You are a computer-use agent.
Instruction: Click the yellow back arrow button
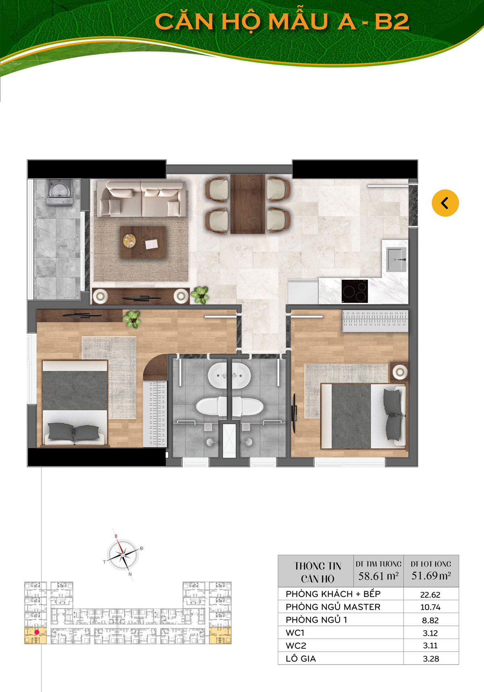coord(445,203)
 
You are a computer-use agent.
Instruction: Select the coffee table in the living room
coord(143,242)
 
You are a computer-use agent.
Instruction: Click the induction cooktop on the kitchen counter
coord(355,291)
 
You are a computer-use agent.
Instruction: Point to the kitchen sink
coord(396,260)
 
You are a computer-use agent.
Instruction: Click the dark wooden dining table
coord(248,204)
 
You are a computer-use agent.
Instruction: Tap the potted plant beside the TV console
coord(200,295)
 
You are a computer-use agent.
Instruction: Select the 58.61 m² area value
coord(378,576)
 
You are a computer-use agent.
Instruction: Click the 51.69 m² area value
coord(431,575)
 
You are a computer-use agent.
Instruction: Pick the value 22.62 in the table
coord(430,595)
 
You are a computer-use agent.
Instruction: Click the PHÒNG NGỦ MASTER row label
coord(333,607)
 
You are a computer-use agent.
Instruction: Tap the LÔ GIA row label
coord(301,659)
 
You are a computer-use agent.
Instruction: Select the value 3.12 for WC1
coord(430,633)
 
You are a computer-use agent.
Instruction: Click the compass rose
coord(123,554)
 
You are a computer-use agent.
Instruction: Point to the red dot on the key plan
coord(37,632)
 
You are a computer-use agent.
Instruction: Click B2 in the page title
coord(392,22)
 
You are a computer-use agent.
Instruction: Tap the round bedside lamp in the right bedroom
coord(400,372)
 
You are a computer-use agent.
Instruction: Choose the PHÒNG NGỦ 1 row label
coord(316,620)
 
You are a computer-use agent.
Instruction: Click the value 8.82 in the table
coord(430,621)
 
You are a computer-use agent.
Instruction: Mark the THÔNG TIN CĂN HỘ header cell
coord(317,572)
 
